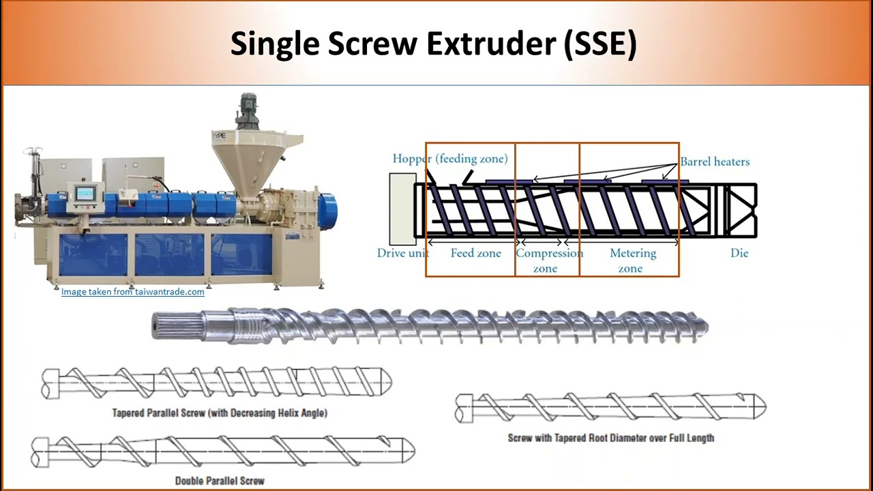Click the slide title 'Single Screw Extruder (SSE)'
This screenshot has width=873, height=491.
click(433, 44)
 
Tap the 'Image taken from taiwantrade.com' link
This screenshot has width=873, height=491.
click(132, 292)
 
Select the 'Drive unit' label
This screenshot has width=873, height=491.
click(402, 253)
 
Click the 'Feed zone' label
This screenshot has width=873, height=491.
click(475, 253)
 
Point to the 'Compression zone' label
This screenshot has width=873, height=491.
click(548, 261)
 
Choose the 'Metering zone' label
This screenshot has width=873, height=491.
click(632, 261)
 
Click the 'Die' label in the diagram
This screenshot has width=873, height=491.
click(739, 253)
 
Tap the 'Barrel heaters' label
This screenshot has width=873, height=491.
click(715, 162)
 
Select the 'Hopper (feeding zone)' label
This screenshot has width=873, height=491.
click(450, 159)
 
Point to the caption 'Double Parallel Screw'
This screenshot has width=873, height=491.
click(220, 481)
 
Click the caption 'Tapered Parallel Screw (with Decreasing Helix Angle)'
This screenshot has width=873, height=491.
click(220, 413)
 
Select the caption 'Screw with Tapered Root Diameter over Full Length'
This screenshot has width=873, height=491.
click(610, 438)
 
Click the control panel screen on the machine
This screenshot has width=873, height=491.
click(85, 193)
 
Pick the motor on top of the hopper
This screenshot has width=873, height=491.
click(246, 110)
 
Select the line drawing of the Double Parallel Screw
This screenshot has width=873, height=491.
click(222, 451)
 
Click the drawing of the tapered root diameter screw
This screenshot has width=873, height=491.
click(610, 407)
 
